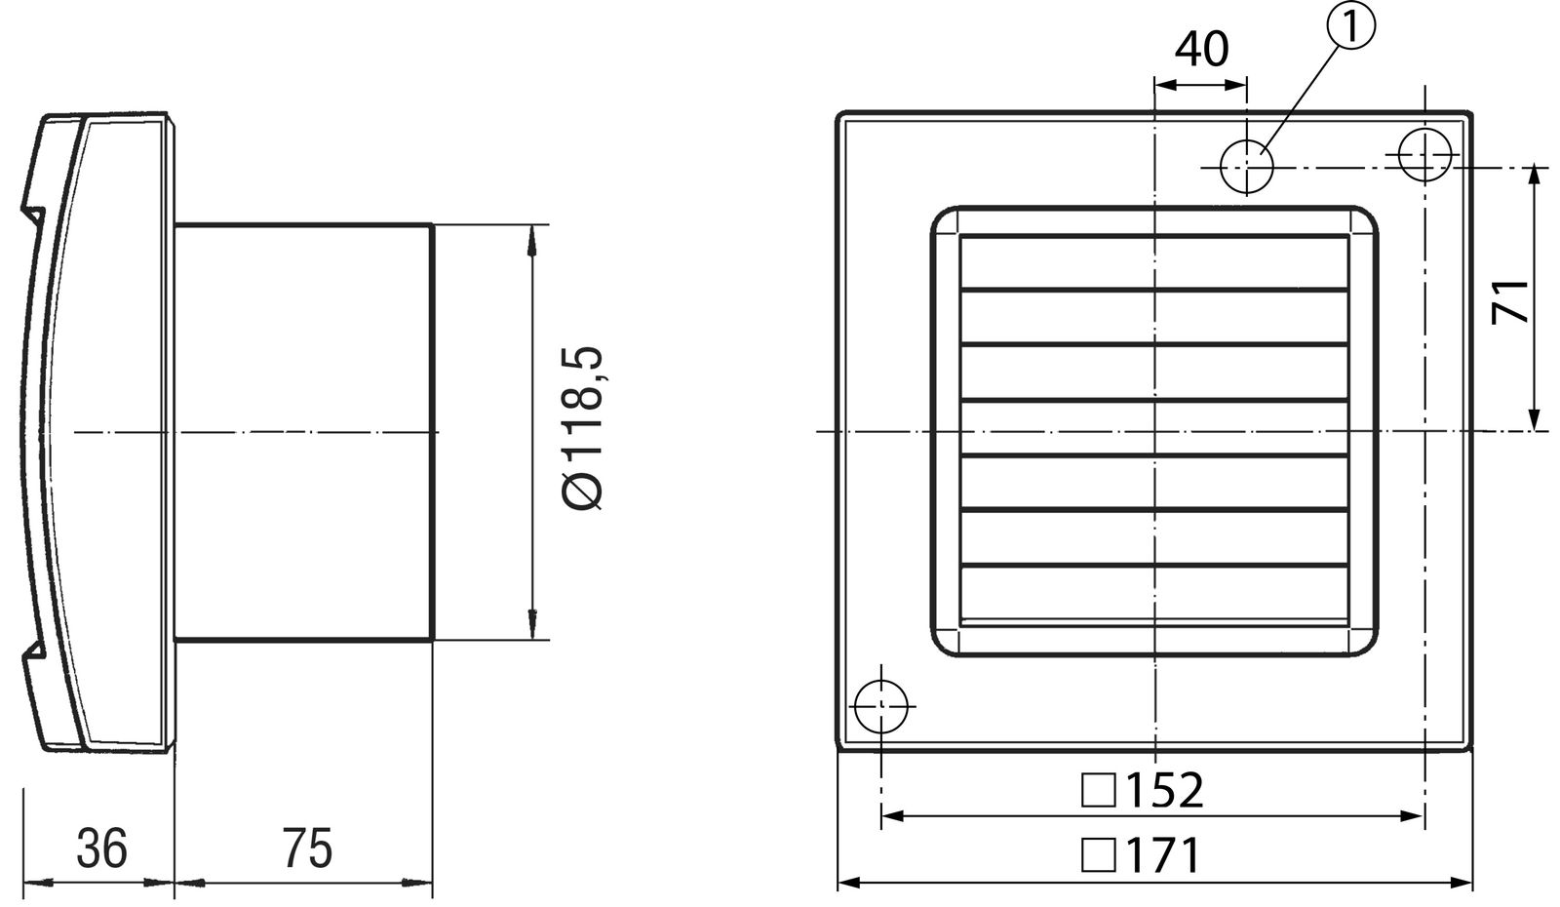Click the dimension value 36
click(x=101, y=848)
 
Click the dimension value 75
click(x=307, y=848)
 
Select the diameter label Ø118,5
click(x=584, y=428)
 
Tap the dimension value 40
click(x=1200, y=49)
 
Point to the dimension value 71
click(x=1510, y=299)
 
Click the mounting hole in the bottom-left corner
click(x=880, y=705)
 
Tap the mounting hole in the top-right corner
click(x=1424, y=154)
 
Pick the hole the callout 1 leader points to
click(x=1247, y=167)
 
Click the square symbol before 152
click(x=1098, y=791)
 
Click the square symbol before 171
click(x=1098, y=856)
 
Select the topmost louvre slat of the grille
click(x=1154, y=262)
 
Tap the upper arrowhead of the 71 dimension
click(x=1536, y=176)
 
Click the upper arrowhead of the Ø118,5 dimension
click(x=532, y=239)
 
